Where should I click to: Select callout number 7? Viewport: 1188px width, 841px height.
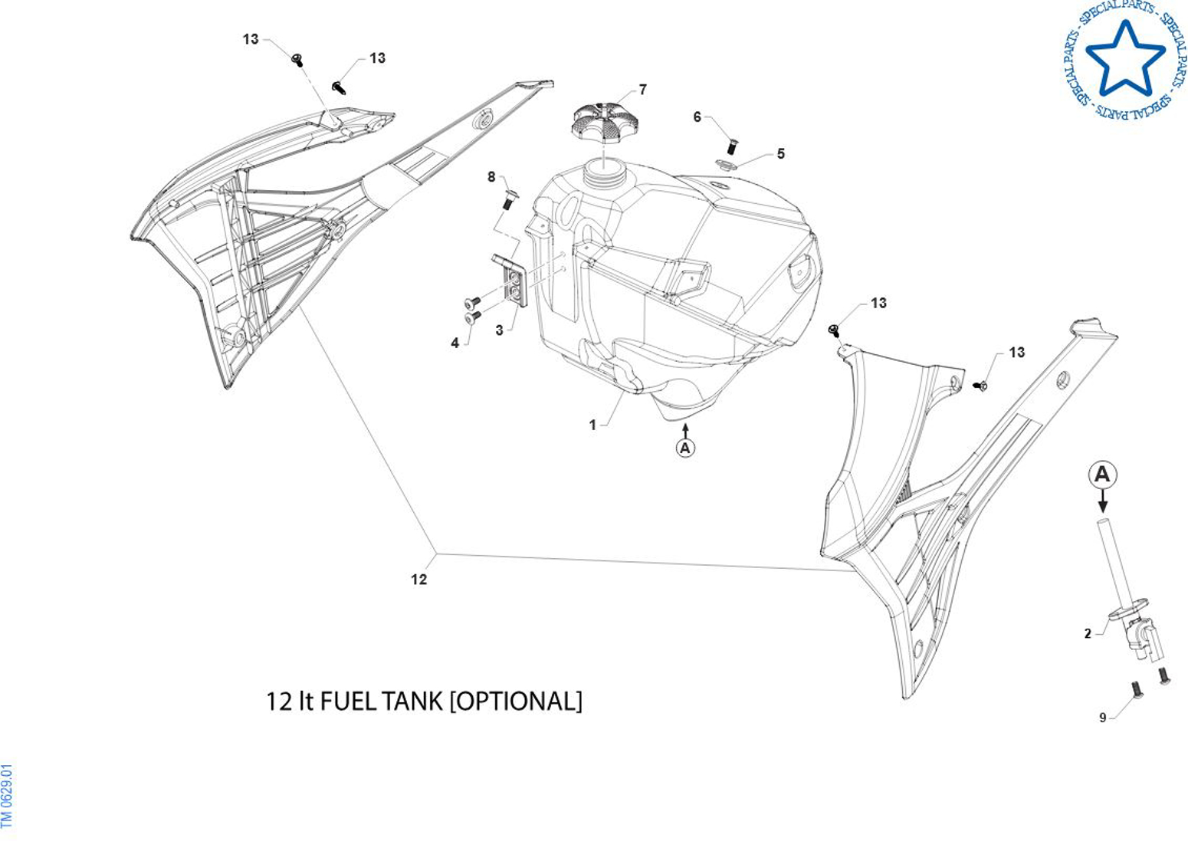(642, 90)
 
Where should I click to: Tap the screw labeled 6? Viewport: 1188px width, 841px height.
(731, 145)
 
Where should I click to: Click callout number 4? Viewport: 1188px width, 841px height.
(455, 343)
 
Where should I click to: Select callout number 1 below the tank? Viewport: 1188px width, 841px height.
(592, 425)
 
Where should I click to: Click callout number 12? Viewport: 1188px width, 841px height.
(418, 580)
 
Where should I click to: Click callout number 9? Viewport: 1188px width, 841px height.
(1103, 718)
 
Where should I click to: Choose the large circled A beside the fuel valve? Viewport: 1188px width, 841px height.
(1102, 475)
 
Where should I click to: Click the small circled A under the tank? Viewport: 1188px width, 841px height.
(685, 447)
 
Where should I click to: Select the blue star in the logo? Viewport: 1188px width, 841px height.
(1125, 58)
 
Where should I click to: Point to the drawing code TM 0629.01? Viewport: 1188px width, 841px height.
(8, 796)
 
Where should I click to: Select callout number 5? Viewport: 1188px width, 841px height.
(780, 153)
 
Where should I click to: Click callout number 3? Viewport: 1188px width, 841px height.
(499, 330)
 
